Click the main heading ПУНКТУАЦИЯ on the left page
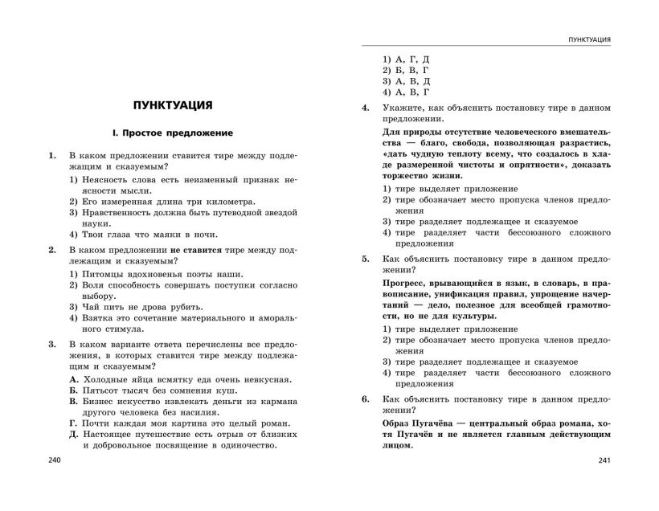click(x=172, y=104)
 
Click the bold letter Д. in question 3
click(x=74, y=435)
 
